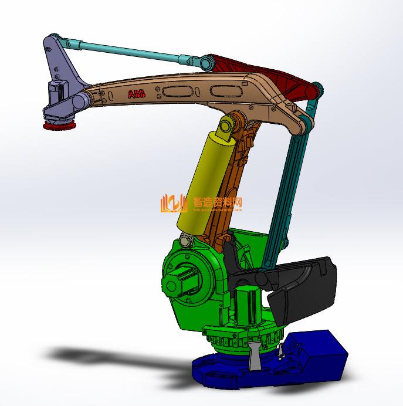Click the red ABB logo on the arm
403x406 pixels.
(136, 94)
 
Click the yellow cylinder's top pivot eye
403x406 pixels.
(226, 127)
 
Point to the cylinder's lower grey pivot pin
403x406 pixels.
(187, 241)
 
